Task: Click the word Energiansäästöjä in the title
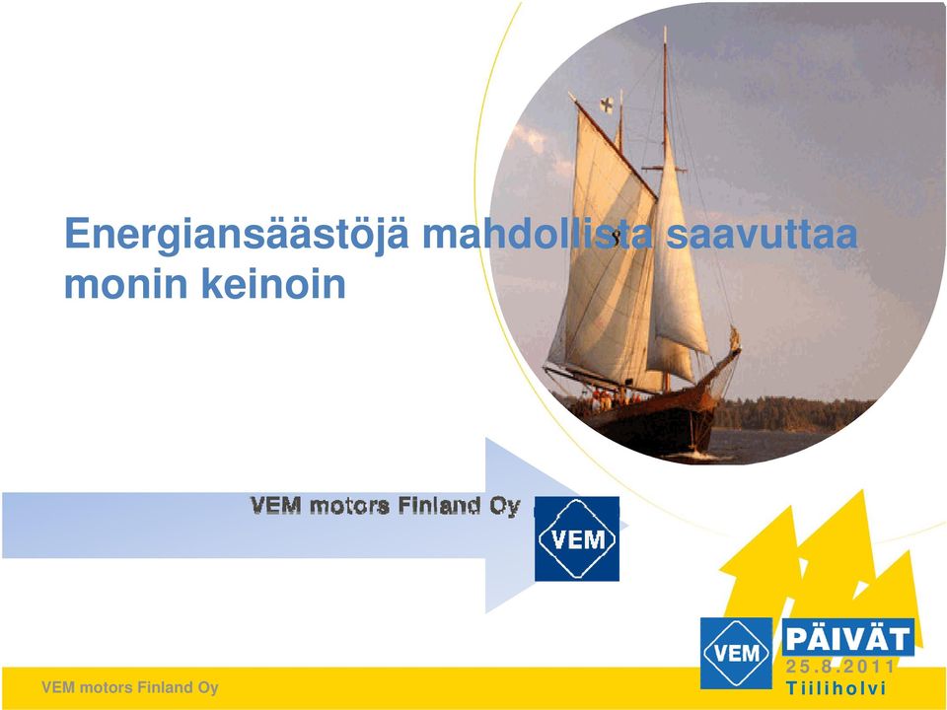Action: (237, 236)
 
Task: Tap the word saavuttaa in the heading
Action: (762, 234)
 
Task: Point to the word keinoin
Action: (273, 283)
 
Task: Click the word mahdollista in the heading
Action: (537, 234)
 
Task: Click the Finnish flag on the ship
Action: (607, 106)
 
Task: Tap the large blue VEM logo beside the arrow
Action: (577, 538)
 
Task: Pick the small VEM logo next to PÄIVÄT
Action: (736, 653)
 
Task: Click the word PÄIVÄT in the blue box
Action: (848, 638)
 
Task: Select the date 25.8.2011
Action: (840, 667)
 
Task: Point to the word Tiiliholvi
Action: (836, 687)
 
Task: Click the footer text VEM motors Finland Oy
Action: (130, 687)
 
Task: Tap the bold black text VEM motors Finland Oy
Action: (386, 505)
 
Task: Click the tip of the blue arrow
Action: (628, 526)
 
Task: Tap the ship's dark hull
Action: (652, 423)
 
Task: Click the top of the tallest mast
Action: (666, 28)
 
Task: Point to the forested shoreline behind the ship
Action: (791, 414)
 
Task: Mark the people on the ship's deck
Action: (610, 398)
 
